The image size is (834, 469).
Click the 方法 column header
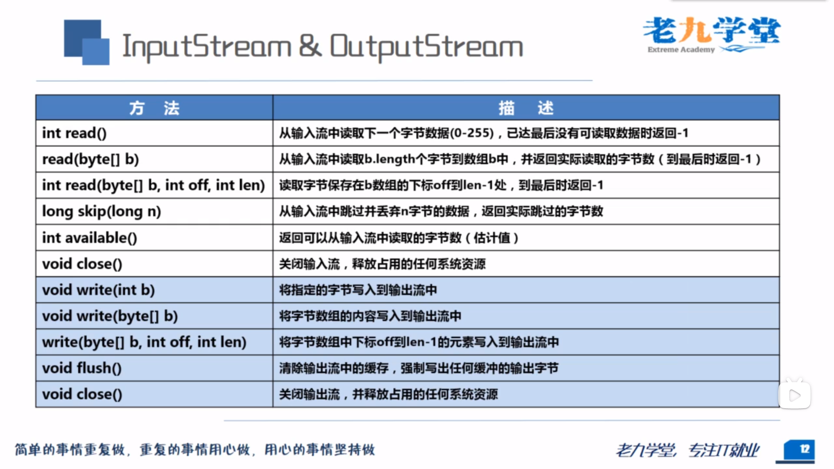[x=154, y=108]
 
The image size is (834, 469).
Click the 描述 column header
[x=526, y=108]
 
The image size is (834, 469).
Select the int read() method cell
[x=154, y=133]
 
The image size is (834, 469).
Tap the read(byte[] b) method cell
[x=154, y=159]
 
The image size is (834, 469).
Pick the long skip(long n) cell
[x=154, y=211]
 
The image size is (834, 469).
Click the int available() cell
[x=154, y=238]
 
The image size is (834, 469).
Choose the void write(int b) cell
[x=154, y=290]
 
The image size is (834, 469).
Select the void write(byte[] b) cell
[x=154, y=316]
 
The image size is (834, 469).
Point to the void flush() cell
[x=154, y=368]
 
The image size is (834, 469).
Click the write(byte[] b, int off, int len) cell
[x=154, y=342]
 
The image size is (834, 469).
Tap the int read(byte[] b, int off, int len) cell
[x=154, y=185]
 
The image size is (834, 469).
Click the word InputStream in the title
[x=207, y=46]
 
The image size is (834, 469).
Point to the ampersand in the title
[x=311, y=46]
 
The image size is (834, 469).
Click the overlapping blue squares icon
[x=86, y=42]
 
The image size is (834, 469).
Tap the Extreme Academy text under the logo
[x=681, y=50]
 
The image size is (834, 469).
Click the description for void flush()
[x=419, y=368]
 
